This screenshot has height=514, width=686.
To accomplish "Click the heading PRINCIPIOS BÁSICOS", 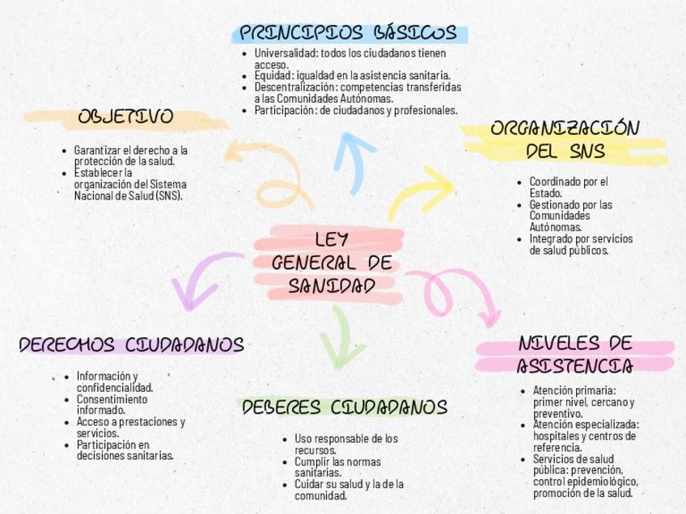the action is pos(349,33).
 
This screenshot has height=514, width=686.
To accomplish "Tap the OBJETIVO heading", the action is pos(125,117).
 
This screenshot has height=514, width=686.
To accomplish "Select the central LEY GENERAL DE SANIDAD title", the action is pos(331,263).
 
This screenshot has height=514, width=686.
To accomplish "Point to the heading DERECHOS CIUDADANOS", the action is pos(131,346).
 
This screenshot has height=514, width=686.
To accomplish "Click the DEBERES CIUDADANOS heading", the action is pos(345,407).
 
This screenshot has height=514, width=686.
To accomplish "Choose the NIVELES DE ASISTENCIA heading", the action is pos(574,355).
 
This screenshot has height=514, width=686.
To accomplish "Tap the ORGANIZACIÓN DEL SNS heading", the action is pos(565,140).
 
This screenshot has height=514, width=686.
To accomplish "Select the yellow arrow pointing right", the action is pos(422,191).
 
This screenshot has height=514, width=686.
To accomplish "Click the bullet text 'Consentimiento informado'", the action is pos(112,404).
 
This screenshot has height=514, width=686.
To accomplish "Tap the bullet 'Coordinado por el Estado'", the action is pos(568,187).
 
